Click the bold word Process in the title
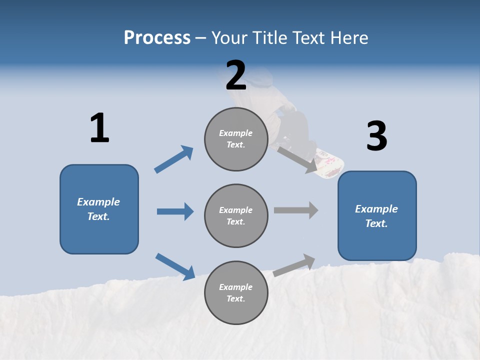[157, 38]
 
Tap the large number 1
[99, 128]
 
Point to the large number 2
[235, 75]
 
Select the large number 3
[376, 136]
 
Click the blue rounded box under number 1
[99, 209]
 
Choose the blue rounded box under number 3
[377, 216]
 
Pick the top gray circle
[236, 139]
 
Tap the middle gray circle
[236, 216]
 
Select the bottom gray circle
[236, 293]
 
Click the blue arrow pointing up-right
[174, 159]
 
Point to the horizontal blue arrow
[175, 211]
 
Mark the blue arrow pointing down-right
[175, 266]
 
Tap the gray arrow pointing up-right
[294, 265]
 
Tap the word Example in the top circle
[236, 133]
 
